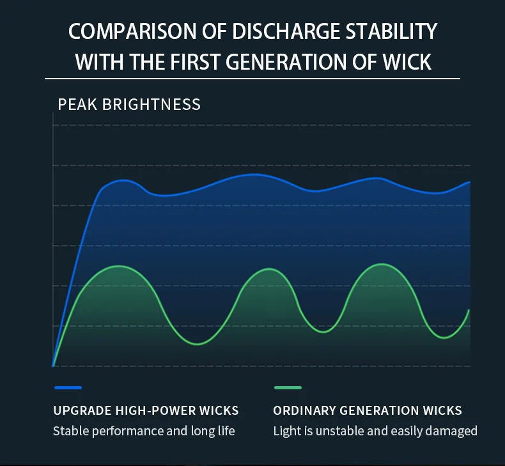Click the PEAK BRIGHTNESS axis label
pos(129,104)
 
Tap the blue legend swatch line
pos(68,387)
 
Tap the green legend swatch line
pos(288,387)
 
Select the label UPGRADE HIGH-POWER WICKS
pos(146,410)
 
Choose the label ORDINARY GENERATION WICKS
pos(368,410)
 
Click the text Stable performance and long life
pos(144,431)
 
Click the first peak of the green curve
pos(118,266)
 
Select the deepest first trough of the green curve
pos(198,344)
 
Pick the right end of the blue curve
pos(469,182)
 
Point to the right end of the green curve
pos(469,311)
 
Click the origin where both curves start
pos(53,366)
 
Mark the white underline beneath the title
pos(252,78)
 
